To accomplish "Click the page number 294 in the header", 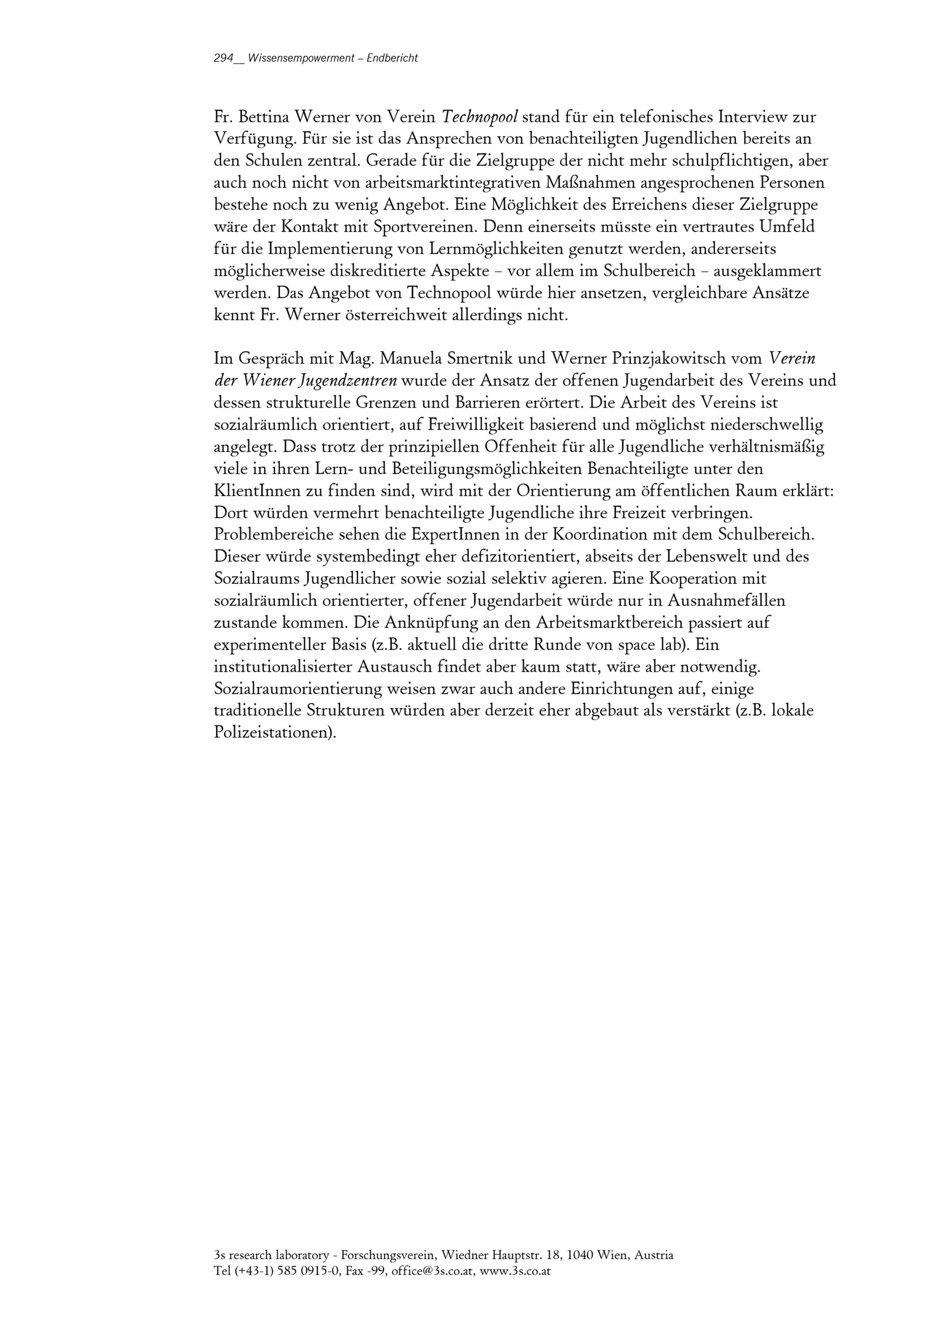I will coord(223,58).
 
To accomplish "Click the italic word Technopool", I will coord(479,117).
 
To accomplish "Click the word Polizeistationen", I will coord(274,733).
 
